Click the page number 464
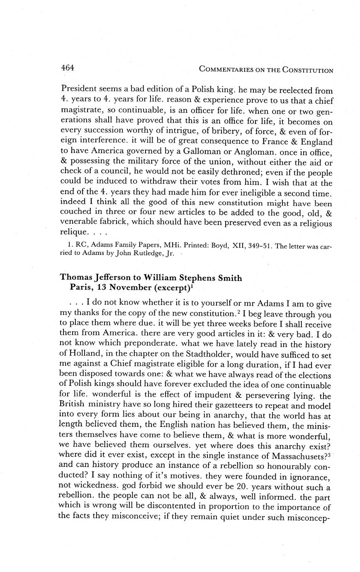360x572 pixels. [x=67, y=68]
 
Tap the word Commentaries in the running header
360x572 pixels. [x=226, y=70]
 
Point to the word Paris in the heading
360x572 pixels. [x=79, y=288]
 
